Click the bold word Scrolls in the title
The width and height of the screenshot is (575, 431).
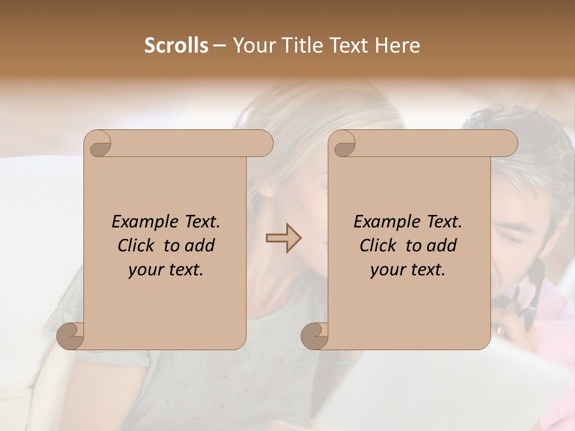[176, 45]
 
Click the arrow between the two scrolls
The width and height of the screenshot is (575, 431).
[283, 238]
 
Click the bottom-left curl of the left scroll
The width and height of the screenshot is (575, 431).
[69, 335]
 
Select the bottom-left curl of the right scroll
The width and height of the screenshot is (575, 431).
[314, 335]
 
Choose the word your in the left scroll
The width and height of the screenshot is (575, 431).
[144, 271]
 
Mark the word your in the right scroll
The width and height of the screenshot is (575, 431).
[386, 271]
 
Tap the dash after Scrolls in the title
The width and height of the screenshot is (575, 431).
[219, 46]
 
